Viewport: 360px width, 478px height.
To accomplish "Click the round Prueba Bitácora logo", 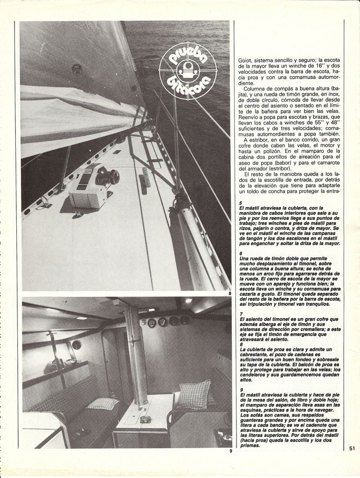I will click(188, 71).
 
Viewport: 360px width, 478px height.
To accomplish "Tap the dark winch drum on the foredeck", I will click(108, 177).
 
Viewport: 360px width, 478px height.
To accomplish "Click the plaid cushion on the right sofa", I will click(194, 395).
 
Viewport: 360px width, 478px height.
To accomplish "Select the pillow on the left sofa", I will click(103, 403).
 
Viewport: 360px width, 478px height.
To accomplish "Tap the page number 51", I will click(352, 449).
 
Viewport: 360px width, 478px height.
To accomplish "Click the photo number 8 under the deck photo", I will click(230, 294).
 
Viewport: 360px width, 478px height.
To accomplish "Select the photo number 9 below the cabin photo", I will click(230, 451).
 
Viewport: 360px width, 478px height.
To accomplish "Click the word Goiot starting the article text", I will click(246, 60).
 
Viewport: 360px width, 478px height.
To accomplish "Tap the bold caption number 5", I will click(241, 203).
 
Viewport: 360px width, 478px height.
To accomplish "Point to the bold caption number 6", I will click(241, 253).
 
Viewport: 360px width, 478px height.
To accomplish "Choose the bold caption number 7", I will click(241, 314).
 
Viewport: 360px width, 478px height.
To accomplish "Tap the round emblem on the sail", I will click(77, 70).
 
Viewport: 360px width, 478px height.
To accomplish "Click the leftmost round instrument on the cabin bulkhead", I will click(152, 323).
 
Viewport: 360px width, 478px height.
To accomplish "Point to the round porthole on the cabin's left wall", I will click(76, 345).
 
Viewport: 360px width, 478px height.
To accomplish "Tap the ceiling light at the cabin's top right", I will click(188, 301).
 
